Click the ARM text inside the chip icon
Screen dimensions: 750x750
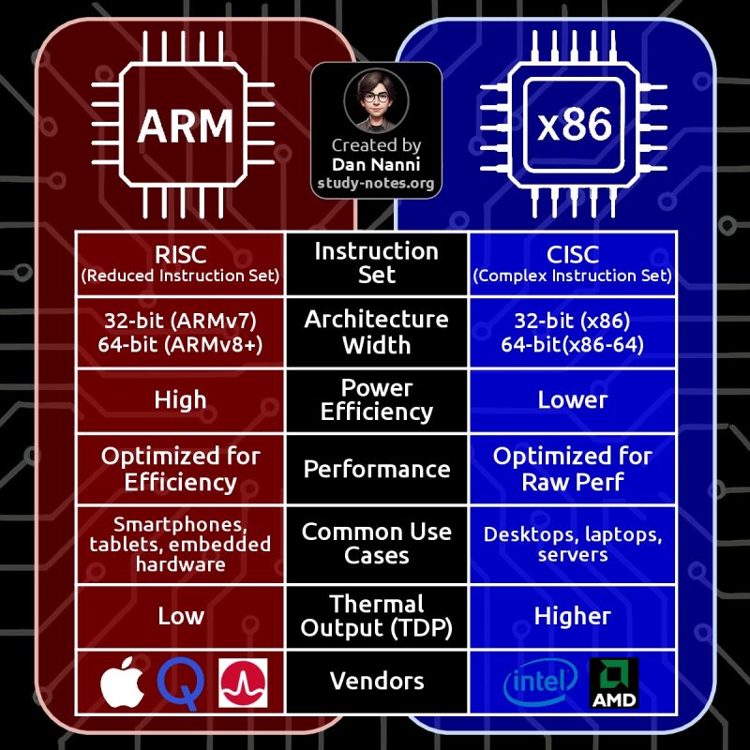[x=186, y=127]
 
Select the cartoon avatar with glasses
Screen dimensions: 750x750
[x=376, y=100]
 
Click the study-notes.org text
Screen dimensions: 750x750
[x=376, y=183]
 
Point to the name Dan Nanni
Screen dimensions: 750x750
[x=376, y=164]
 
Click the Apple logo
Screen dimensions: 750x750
[x=123, y=682]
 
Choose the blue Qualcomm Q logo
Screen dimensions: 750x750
[x=181, y=682]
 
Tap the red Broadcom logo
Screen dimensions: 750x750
[x=242, y=682]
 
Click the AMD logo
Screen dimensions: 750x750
[x=613, y=682]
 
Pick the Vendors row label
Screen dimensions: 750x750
[x=376, y=681]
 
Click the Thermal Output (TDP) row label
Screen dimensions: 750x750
[x=376, y=617]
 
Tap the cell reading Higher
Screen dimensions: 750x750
[x=572, y=616]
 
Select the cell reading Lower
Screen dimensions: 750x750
[x=572, y=400]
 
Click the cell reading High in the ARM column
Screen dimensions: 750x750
[x=180, y=400]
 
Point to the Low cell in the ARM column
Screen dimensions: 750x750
[x=180, y=616]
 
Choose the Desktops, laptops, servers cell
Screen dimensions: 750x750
[x=572, y=545]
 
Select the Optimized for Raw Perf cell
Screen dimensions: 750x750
[x=572, y=469]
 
